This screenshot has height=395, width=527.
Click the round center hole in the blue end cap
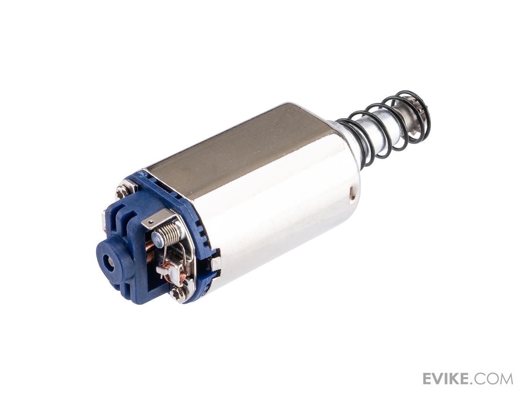coord(108,262)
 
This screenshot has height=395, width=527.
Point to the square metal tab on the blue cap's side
coord(215,264)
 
